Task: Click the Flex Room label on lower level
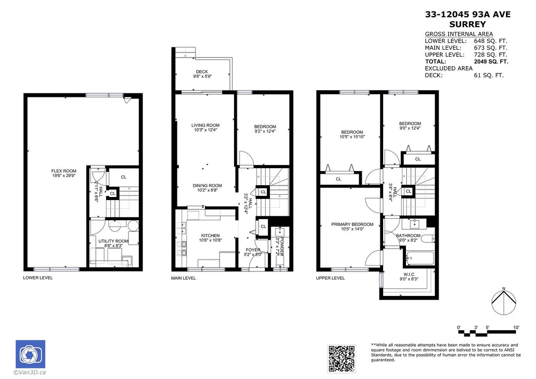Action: click(x=64, y=171)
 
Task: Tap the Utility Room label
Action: click(x=114, y=241)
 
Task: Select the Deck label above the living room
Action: click(x=202, y=72)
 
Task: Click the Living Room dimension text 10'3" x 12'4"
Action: click(x=205, y=130)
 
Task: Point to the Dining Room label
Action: click(x=207, y=186)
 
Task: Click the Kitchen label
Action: click(x=210, y=236)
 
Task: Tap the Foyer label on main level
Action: click(x=253, y=250)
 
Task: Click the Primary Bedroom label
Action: click(x=352, y=224)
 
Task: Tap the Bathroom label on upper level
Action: click(x=408, y=236)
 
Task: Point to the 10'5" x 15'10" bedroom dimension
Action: click(x=352, y=137)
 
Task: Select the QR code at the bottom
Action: click(x=341, y=359)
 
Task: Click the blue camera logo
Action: click(x=30, y=354)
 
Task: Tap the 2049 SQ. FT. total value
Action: click(x=491, y=61)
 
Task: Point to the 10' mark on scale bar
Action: click(x=516, y=327)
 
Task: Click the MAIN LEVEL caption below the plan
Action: click(x=183, y=278)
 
